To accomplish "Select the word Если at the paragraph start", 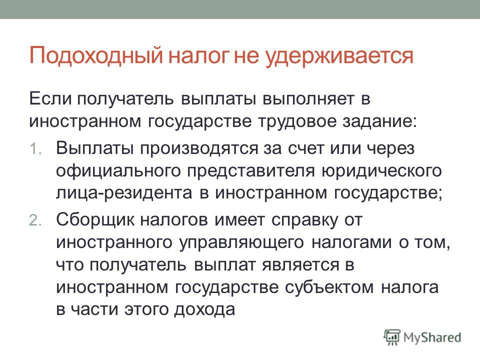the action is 50,98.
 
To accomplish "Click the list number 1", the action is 35,149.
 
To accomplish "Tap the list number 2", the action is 35,220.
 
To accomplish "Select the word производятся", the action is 199,149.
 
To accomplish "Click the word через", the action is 390,149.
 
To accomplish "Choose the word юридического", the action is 381,171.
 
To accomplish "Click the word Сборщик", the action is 95,220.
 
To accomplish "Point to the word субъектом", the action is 329,287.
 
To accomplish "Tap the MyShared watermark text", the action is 432,337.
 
